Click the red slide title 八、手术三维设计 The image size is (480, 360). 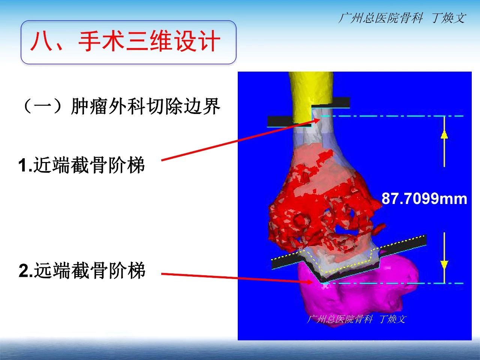coord(125,42)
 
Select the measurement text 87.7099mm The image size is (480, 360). coord(424,199)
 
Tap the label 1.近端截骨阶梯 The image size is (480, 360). coord(82,165)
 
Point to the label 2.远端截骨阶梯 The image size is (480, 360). coord(82,271)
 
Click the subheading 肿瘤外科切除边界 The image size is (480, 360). coord(145,106)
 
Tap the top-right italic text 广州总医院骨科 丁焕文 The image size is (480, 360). coord(402,18)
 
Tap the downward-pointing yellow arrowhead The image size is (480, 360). coord(444,265)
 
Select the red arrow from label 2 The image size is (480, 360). coord(237,277)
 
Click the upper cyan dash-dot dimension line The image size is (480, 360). coord(392,116)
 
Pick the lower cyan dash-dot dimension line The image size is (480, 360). coord(393,283)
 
